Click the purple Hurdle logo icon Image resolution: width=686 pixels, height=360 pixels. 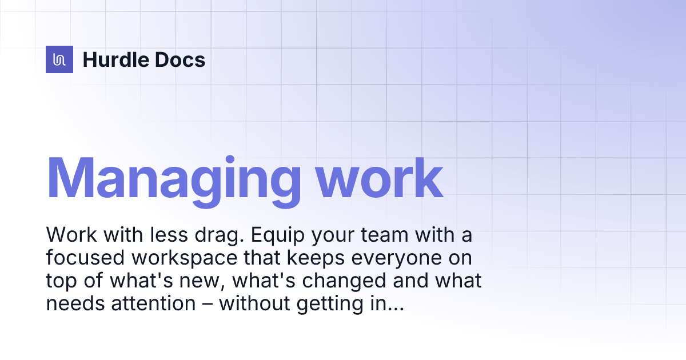click(x=59, y=59)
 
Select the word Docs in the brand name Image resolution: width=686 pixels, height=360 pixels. click(x=182, y=59)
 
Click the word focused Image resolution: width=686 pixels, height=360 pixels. click(x=86, y=258)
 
